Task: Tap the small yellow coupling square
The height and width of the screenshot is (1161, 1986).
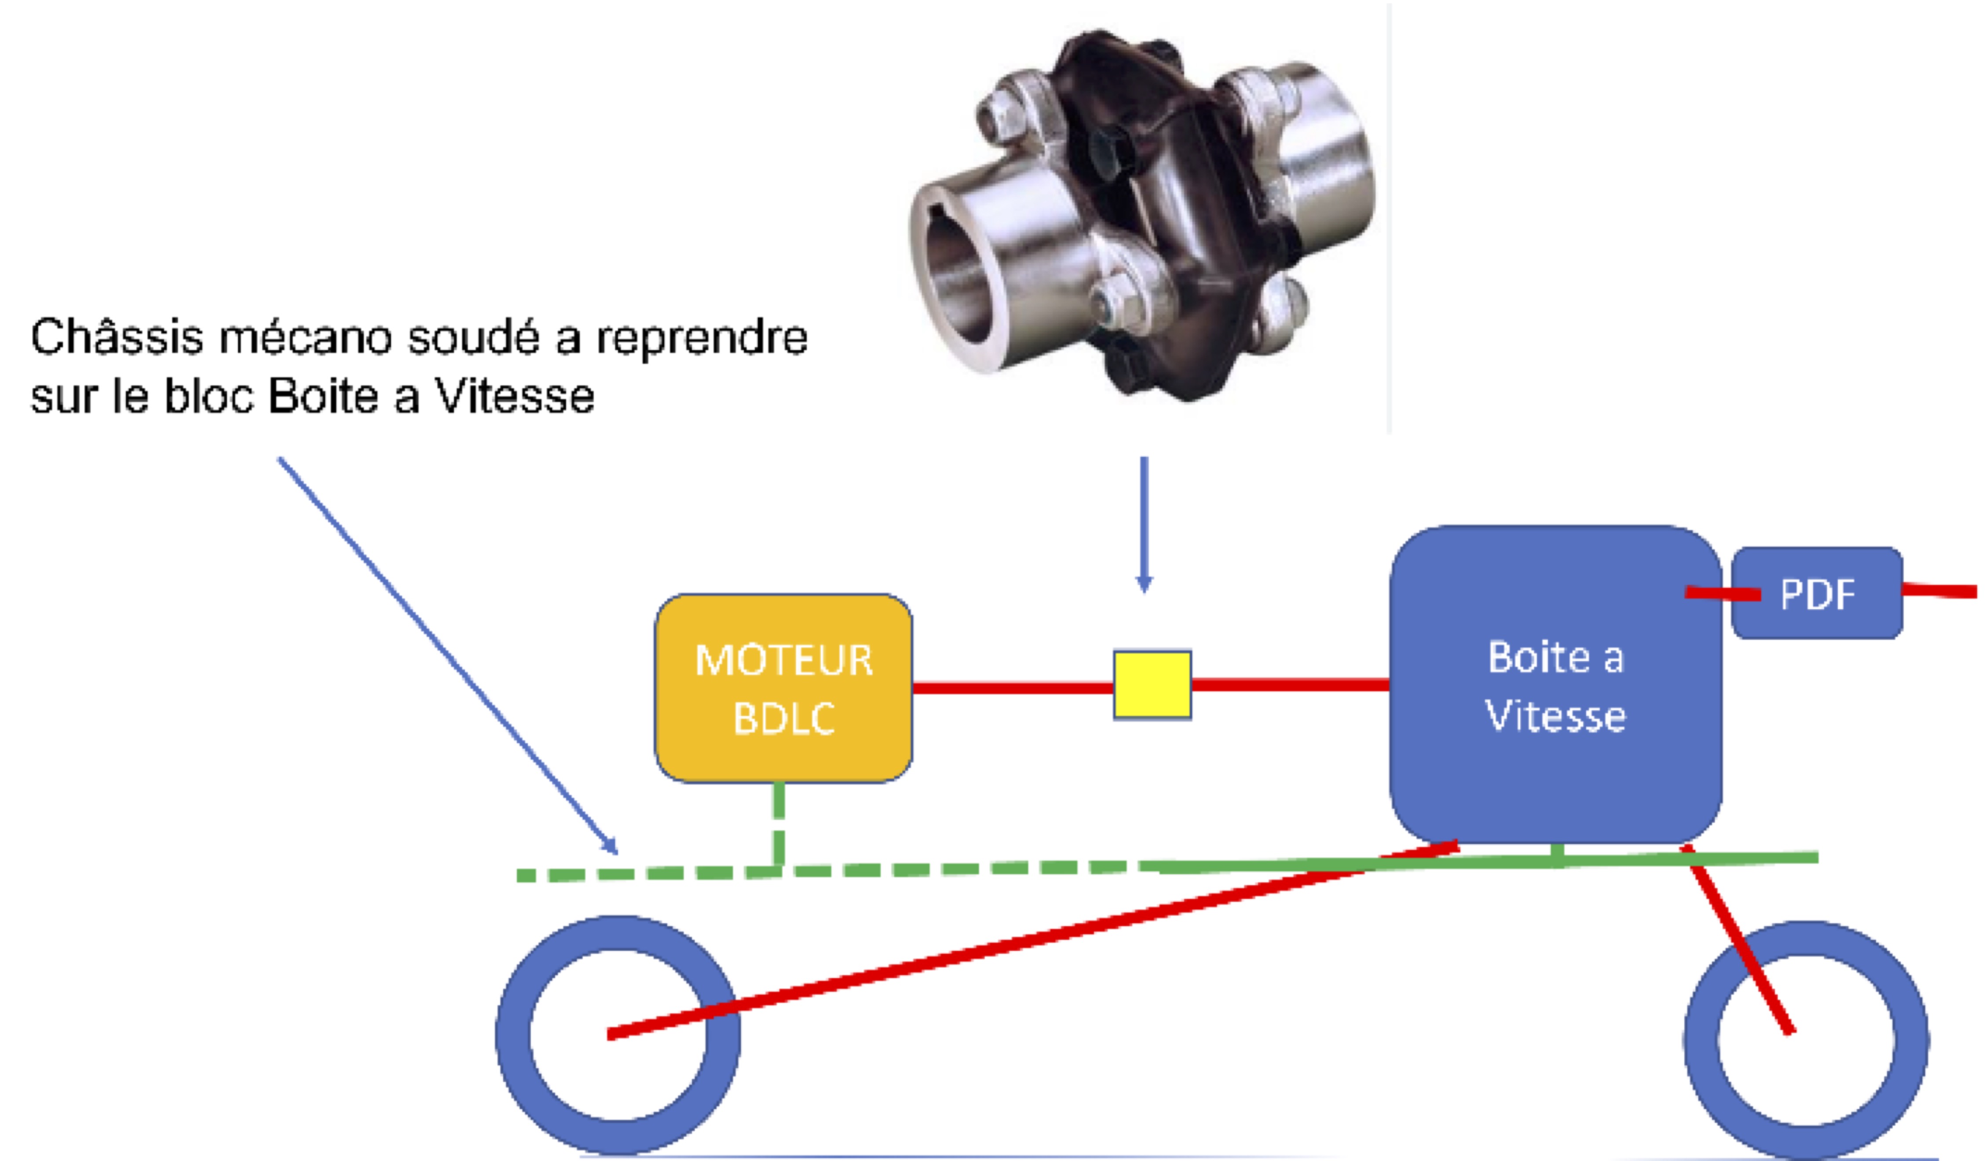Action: click(x=1152, y=684)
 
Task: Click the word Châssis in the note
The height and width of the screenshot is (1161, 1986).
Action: click(x=117, y=337)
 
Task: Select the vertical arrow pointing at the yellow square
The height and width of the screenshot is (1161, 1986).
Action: click(x=1145, y=520)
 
